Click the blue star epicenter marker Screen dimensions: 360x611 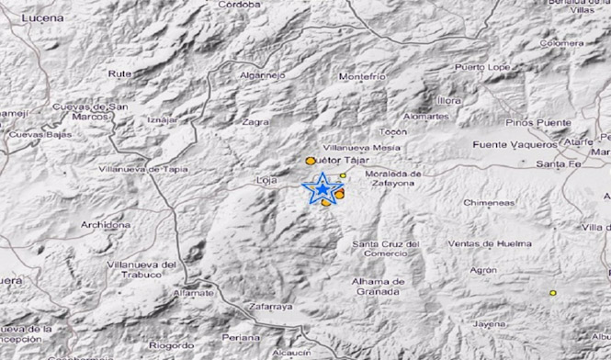[x=322, y=188]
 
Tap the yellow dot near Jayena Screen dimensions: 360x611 [x=553, y=293]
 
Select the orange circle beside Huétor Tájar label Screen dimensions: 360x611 [x=311, y=162]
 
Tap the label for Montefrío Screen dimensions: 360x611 [x=361, y=77]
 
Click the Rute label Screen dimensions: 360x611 [x=119, y=73]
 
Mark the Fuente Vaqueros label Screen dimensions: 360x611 [x=514, y=144]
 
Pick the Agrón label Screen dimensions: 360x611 [x=482, y=271]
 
